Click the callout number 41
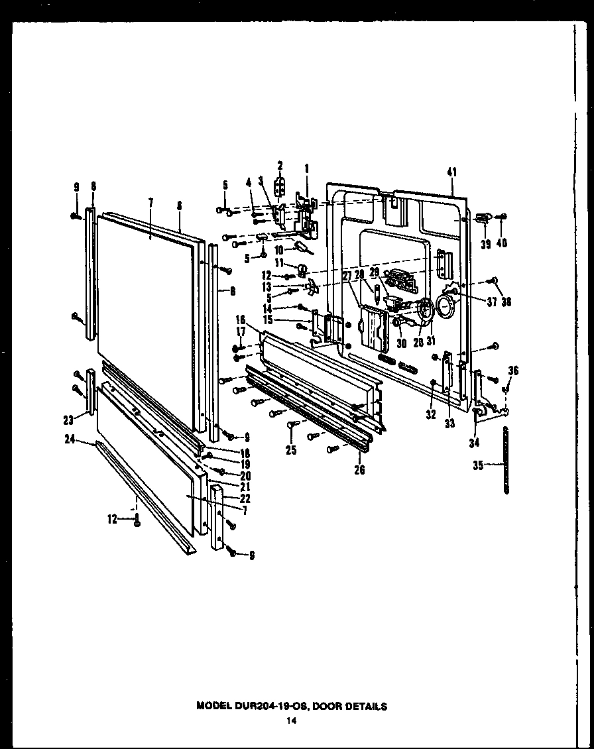(x=452, y=172)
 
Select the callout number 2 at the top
(x=280, y=165)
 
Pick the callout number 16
(x=240, y=319)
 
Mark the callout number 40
(x=502, y=243)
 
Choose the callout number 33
(x=450, y=423)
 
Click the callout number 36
(x=512, y=371)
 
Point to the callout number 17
(x=240, y=333)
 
